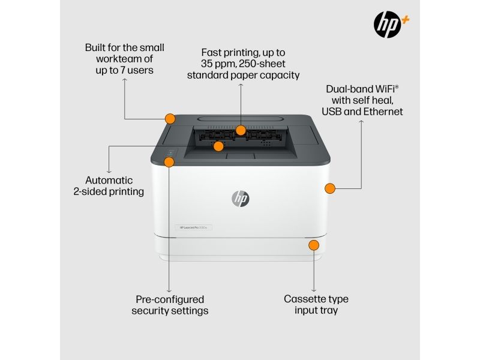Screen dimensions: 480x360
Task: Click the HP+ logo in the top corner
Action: [x=391, y=25]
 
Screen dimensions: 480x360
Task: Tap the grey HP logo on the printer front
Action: [x=241, y=199]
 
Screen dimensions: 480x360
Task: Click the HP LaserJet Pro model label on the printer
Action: [x=193, y=227]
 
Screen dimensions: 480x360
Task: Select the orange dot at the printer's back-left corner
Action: [x=170, y=119]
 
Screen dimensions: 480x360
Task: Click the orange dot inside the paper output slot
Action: [x=241, y=130]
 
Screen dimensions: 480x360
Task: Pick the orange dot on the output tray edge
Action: [x=218, y=146]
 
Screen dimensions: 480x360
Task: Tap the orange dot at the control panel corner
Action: [x=169, y=162]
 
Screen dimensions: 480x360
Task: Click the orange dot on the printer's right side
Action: [x=329, y=188]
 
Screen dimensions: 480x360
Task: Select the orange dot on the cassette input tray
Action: [x=314, y=245]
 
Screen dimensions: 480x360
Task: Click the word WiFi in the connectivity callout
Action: [x=386, y=89]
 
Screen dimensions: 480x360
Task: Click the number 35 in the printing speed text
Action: [x=206, y=64]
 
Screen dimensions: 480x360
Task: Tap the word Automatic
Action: [x=109, y=180]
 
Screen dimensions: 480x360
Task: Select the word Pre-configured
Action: [x=170, y=299]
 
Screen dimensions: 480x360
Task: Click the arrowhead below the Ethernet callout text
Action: [x=361, y=122]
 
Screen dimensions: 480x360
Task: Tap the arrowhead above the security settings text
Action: [x=169, y=290]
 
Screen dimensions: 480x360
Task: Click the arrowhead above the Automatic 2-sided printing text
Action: [x=109, y=172]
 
